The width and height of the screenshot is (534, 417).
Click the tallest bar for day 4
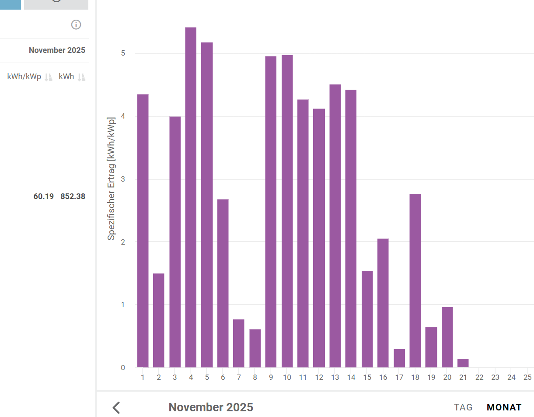click(x=191, y=197)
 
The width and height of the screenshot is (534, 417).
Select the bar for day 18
click(x=415, y=280)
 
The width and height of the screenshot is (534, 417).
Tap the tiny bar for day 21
click(x=463, y=363)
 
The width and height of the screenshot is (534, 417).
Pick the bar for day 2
click(x=159, y=320)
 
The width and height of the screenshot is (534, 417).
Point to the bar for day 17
click(x=399, y=358)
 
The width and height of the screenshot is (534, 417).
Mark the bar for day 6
click(x=223, y=283)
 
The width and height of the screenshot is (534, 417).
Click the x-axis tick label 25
click(x=527, y=377)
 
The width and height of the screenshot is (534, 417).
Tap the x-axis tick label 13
click(x=335, y=377)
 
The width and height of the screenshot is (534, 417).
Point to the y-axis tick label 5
click(x=123, y=53)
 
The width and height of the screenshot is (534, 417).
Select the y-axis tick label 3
click(x=123, y=179)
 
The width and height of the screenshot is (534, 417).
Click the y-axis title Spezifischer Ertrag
click(x=112, y=179)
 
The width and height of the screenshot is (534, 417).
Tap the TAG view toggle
click(x=463, y=407)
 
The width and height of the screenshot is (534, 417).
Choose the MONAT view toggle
click(x=504, y=407)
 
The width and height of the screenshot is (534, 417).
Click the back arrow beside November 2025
click(x=116, y=407)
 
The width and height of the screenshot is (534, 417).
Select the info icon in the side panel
click(x=76, y=25)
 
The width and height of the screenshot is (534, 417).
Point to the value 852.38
click(x=73, y=196)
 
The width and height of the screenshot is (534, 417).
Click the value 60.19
click(x=44, y=196)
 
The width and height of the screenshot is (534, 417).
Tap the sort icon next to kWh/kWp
click(x=49, y=77)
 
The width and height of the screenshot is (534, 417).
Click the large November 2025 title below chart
click(x=211, y=407)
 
